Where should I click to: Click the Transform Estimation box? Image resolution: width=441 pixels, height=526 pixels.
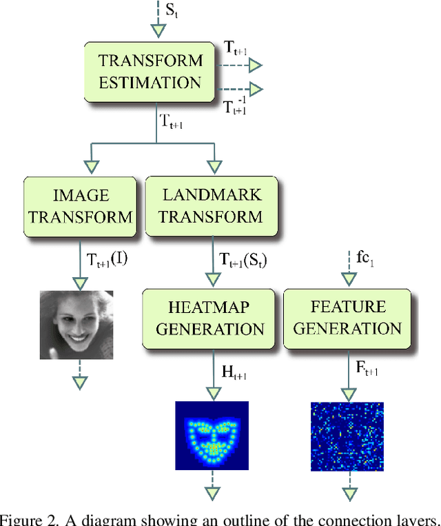pyautogui.click(x=150, y=72)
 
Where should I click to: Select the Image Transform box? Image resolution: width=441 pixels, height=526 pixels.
pyautogui.click(x=81, y=206)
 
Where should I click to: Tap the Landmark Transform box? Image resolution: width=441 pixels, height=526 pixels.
pyautogui.click(x=211, y=206)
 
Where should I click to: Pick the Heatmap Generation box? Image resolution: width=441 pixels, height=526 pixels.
pyautogui.click(x=209, y=318)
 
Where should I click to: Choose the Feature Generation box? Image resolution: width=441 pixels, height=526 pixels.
pyautogui.click(x=347, y=318)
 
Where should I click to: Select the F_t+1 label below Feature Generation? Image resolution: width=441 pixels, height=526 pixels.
pyautogui.click(x=367, y=372)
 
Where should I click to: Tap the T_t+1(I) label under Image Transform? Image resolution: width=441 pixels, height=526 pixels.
pyautogui.click(x=107, y=260)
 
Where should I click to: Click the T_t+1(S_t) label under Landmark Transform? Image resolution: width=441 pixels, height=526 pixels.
pyautogui.click(x=243, y=260)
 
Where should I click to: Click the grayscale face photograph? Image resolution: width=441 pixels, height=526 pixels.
pyautogui.click(x=76, y=325)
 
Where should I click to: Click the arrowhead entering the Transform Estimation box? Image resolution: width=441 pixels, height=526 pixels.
pyautogui.click(x=159, y=30)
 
